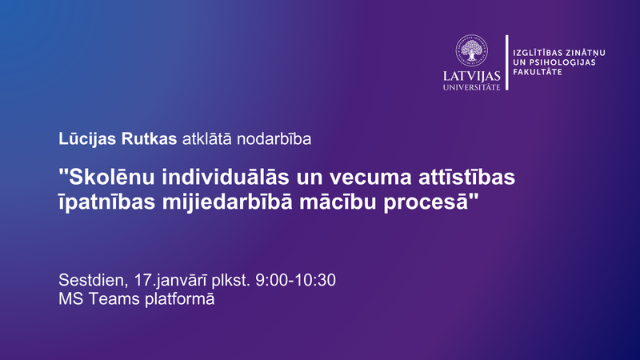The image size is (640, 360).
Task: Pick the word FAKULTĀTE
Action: (537, 72)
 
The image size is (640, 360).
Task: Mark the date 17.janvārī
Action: (170, 281)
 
